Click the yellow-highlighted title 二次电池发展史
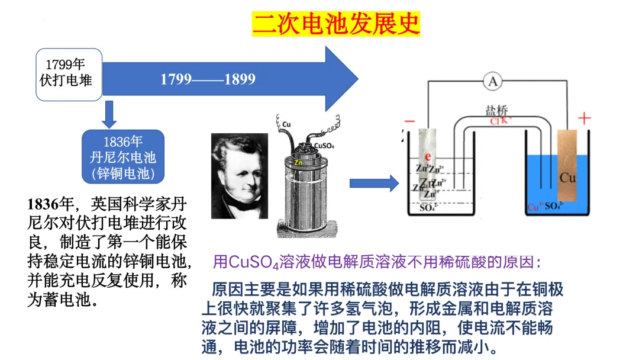pos(335,24)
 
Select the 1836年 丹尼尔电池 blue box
pos(123,157)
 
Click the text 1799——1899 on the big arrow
pos(208,79)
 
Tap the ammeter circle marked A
pos(492,83)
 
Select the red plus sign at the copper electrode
pos(584,119)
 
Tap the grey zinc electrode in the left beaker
pos(428,166)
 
